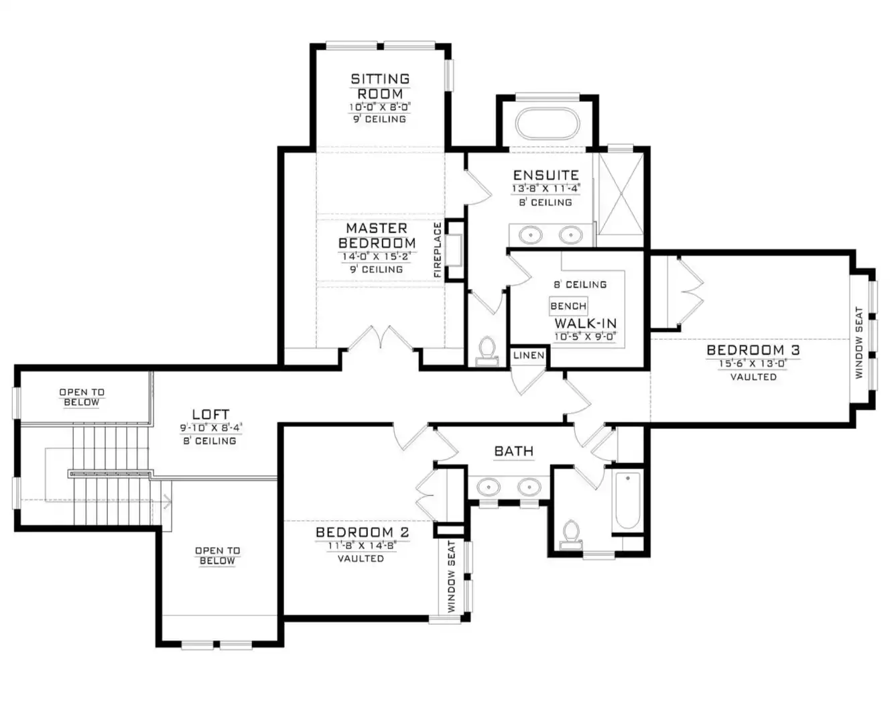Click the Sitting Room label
(x=380, y=86)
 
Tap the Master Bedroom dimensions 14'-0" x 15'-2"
(x=377, y=256)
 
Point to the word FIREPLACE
(x=438, y=250)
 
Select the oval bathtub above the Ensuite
(x=548, y=124)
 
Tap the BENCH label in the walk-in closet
(x=568, y=306)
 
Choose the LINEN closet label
(x=529, y=355)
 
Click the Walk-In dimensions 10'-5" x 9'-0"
(x=586, y=337)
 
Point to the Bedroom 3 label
(x=753, y=349)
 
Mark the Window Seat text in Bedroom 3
(x=858, y=343)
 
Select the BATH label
(x=514, y=451)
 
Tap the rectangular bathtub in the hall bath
(x=627, y=501)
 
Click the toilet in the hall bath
(x=571, y=535)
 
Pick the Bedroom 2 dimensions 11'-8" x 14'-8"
(x=361, y=546)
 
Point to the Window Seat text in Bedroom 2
(x=452, y=577)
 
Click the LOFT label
(x=210, y=414)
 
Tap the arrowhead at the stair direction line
(x=168, y=501)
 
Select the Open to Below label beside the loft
(x=82, y=397)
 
